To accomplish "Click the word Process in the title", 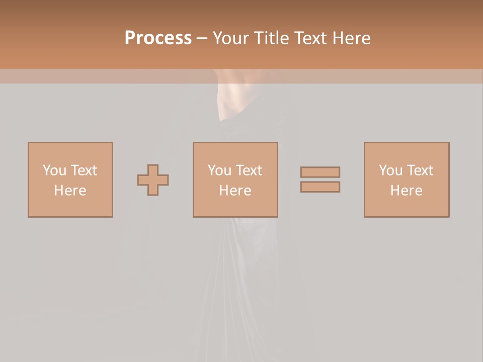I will pos(158,38).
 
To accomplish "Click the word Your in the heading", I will pos(231,38).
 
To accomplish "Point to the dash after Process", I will pos(202,39).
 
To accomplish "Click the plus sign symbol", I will pos(153,180).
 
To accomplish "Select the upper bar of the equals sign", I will pos(320,172).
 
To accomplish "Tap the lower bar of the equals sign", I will pos(320,187).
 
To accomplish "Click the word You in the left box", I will pos(54,170).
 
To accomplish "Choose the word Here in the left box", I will pos(70,191).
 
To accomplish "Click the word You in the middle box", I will pos(219,170).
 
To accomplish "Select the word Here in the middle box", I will pos(235,191).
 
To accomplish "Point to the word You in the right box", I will pos(390,170).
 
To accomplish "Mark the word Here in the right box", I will pos(406,191).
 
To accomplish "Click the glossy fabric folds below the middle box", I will pos(236,271).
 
